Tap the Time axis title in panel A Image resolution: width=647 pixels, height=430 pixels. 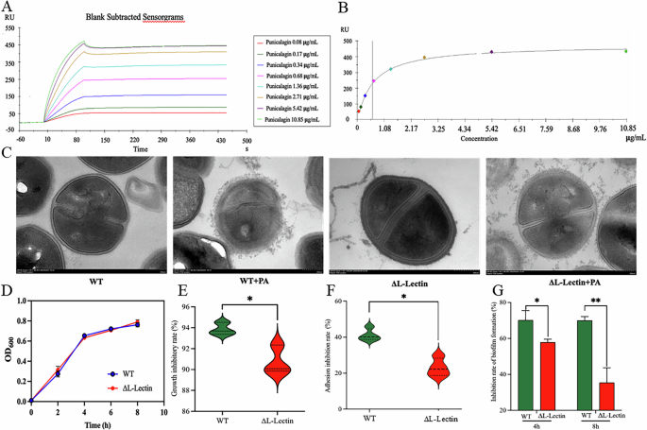pyautogui.click(x=139, y=149)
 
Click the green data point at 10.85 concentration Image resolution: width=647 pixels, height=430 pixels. pyautogui.click(x=625, y=51)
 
